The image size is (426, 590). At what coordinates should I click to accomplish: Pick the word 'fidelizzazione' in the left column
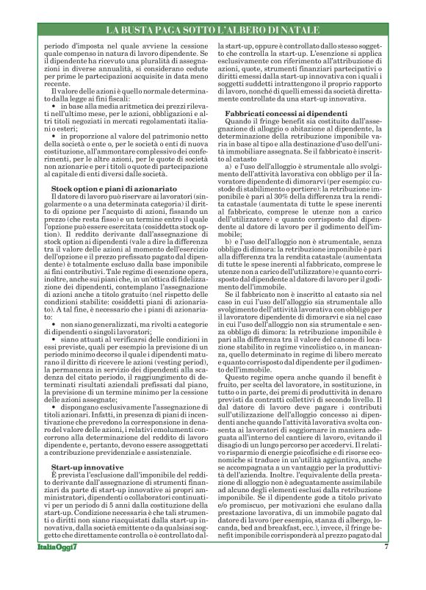[175, 281]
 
